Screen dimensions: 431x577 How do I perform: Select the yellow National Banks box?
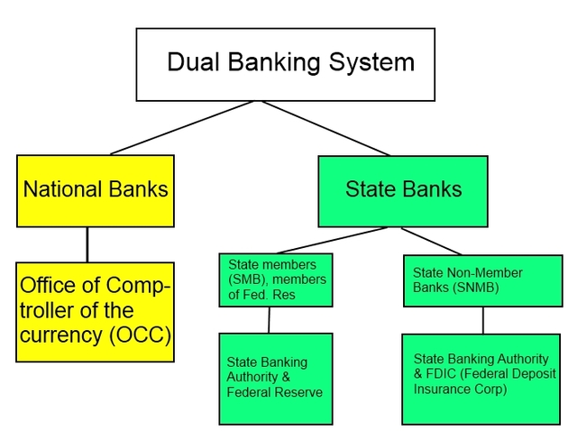click(95, 190)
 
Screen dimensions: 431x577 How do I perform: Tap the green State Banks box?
click(402, 190)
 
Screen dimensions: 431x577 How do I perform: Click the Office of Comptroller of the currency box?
click(95, 312)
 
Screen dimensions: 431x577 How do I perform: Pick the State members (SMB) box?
click(276, 280)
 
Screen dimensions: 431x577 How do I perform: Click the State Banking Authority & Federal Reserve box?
click(276, 378)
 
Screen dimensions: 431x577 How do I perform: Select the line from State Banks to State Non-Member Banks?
click(431, 241)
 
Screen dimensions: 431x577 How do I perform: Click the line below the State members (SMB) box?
click(270, 320)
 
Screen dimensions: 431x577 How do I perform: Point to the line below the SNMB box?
click(482, 319)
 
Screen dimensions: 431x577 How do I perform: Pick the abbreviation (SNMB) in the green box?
click(471, 289)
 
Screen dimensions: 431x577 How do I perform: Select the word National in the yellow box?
click(57, 190)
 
